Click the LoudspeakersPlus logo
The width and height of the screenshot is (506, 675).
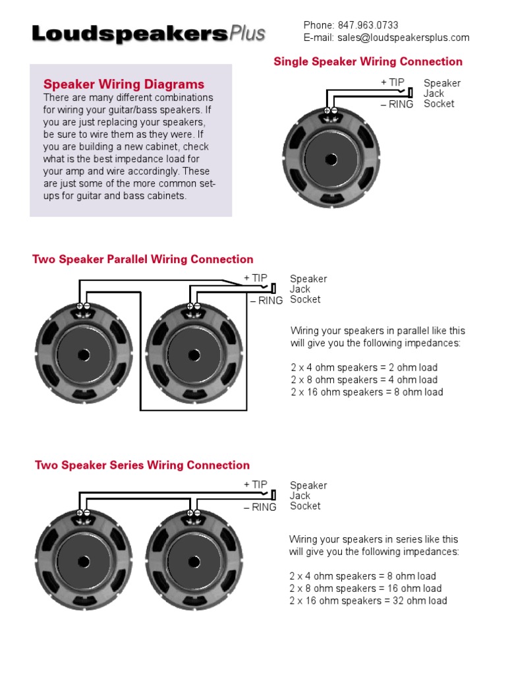point(148,33)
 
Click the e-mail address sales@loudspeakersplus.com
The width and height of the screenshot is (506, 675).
point(403,38)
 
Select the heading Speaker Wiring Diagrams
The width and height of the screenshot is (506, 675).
point(124,84)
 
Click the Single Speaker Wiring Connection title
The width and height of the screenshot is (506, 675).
point(368,62)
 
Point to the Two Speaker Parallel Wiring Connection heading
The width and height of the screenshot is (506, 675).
point(143,260)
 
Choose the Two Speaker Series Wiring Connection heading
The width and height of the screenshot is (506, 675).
point(142,465)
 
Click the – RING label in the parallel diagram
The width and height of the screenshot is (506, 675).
point(266,301)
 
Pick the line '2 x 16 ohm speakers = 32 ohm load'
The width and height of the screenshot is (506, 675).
point(368,601)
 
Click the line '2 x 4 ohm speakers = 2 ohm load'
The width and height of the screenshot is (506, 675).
point(364,368)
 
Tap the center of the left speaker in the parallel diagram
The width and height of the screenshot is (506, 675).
point(84,355)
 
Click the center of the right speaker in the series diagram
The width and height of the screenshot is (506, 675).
point(194,562)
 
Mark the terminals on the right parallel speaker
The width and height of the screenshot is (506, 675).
point(194,307)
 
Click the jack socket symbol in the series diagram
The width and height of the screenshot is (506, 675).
point(273,494)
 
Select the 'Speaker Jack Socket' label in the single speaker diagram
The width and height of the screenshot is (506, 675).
point(441,94)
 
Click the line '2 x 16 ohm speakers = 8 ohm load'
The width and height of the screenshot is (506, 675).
point(366,392)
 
